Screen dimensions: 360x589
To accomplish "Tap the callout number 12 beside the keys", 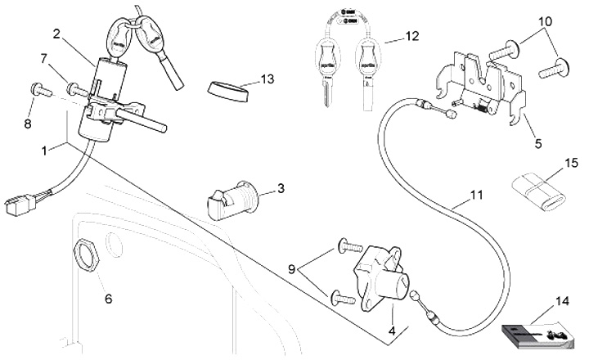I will [x=412, y=36].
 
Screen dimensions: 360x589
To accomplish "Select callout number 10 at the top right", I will [x=546, y=20].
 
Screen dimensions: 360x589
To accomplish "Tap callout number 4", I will [x=392, y=331].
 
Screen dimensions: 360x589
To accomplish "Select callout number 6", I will [x=108, y=298].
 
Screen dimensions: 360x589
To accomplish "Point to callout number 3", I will [x=281, y=189].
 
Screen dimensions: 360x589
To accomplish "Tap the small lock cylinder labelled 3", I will [x=235, y=200].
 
